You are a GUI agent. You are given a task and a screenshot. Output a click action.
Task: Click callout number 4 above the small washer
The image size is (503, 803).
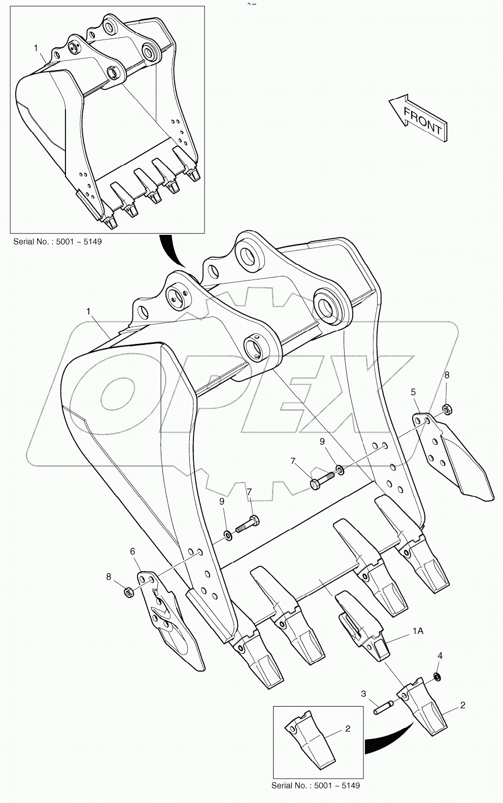click(x=440, y=656)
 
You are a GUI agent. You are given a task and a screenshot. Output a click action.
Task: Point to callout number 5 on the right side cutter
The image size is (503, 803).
click(x=413, y=392)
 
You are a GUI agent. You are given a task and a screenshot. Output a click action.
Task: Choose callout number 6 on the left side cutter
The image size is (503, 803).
click(x=132, y=551)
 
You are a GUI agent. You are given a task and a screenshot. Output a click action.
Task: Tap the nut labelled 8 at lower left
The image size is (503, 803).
click(x=129, y=591)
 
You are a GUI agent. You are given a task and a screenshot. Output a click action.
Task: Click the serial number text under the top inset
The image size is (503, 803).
click(x=57, y=241)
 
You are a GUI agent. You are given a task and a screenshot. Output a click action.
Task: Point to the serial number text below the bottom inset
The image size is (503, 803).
click(x=315, y=785)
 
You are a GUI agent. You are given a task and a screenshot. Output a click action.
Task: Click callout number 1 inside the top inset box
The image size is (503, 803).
click(x=36, y=48)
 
